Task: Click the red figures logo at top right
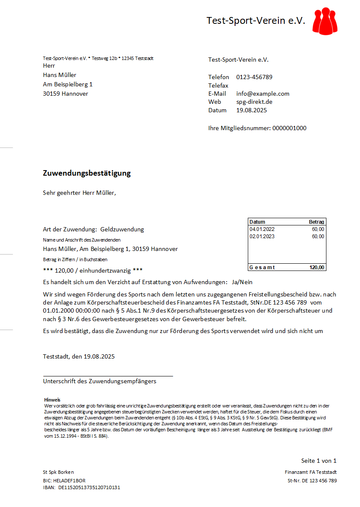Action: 325,20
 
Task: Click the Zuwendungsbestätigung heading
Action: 87,174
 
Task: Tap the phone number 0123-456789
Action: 254,77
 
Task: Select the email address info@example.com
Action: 263,94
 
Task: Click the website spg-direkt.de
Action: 254,102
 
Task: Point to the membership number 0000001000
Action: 289,128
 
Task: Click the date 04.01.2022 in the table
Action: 262,229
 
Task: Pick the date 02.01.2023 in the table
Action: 262,236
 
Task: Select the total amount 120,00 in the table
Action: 317,268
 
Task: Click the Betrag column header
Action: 317,222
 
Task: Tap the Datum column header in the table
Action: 257,222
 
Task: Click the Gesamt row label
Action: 262,268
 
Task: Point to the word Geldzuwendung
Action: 122,229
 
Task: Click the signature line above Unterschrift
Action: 108,376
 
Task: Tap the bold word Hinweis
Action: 52,400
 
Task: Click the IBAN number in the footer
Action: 89,487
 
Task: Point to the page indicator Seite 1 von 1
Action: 319,461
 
